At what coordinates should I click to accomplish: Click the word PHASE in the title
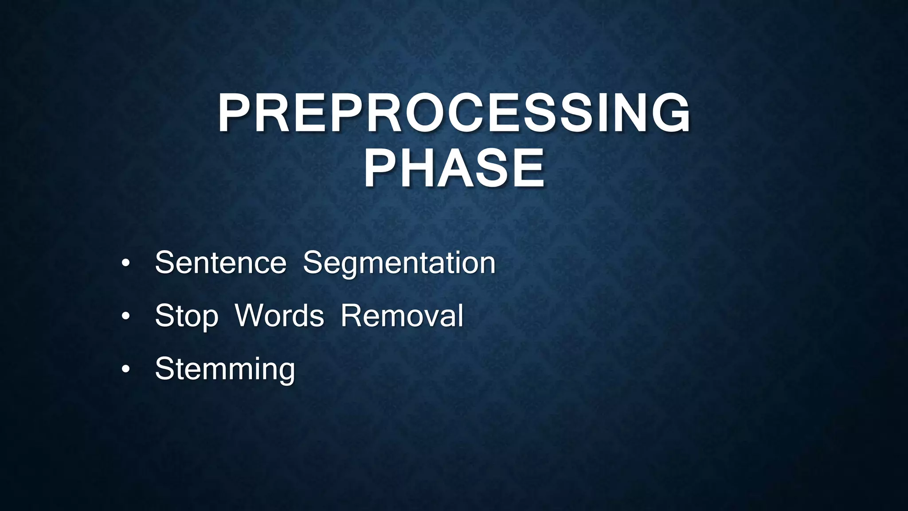[454, 169]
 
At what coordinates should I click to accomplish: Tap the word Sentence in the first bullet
[220, 263]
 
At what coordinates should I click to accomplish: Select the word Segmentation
[399, 263]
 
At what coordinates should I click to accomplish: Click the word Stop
[186, 316]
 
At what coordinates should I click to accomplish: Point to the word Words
[279, 316]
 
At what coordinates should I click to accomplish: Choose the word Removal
[402, 316]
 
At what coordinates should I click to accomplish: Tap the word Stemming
[225, 369]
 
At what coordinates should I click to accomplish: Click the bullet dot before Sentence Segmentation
[126, 263]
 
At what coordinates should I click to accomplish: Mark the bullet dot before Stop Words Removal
[126, 316]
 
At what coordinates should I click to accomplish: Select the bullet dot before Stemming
[126, 369]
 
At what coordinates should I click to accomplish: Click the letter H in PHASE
[420, 169]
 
